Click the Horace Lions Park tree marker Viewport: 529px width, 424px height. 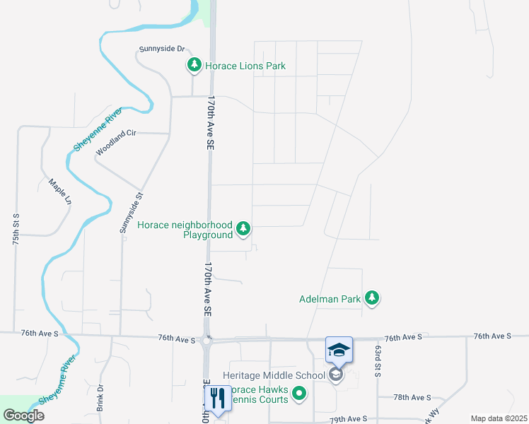tap(194, 66)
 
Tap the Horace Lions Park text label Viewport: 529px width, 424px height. tap(245, 66)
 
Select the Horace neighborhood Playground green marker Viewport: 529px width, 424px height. tap(243, 228)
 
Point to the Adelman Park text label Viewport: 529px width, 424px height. tap(330, 299)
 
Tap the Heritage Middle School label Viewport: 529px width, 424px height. tap(274, 375)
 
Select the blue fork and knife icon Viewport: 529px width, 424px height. tap(217, 398)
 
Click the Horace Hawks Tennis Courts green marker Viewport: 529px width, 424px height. tap(300, 394)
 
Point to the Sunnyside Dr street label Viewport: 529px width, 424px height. tap(162, 49)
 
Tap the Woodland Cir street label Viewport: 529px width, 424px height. tap(115, 142)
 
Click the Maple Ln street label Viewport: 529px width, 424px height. tap(59, 192)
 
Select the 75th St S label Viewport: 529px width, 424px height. tap(16, 228)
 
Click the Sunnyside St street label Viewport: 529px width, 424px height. tap(130, 213)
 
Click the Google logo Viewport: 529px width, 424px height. tap(23, 416)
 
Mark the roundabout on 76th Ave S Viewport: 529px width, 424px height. tap(207, 341)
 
